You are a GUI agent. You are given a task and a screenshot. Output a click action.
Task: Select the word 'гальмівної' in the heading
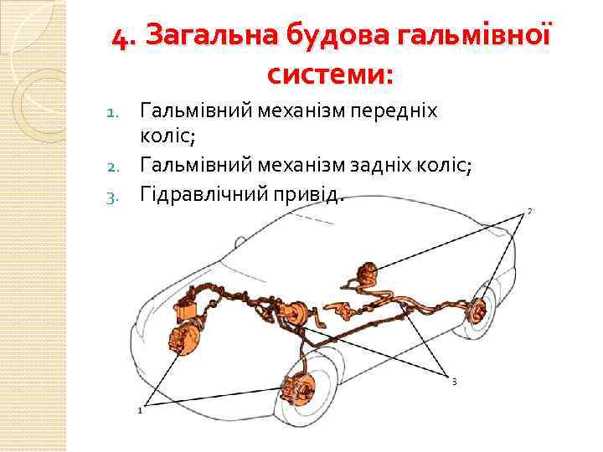click(472, 38)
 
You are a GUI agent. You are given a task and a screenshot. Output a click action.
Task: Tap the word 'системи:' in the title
click(330, 75)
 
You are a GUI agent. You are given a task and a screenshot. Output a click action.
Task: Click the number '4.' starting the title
click(126, 38)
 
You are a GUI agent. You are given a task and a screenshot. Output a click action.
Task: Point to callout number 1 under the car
click(139, 410)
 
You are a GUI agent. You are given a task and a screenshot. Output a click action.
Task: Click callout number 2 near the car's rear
click(530, 211)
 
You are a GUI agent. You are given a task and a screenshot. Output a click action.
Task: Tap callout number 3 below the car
click(453, 383)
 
